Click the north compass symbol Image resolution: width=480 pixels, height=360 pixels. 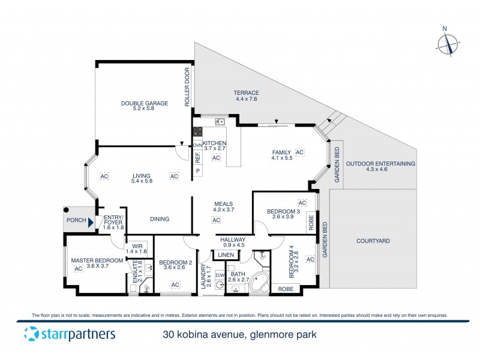[446, 44]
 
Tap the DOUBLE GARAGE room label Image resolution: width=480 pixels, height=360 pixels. [145, 103]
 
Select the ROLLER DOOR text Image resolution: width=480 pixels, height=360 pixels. [187, 88]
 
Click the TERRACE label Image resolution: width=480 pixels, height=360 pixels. [246, 92]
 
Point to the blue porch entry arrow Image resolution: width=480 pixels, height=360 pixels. [91, 223]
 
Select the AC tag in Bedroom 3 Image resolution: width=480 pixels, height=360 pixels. [302, 203]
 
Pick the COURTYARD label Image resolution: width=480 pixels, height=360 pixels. [373, 241]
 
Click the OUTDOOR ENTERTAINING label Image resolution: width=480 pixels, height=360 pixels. [380, 163]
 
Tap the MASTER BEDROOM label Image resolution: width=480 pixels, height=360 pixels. [97, 260]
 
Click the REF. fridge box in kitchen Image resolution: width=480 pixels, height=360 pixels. [197, 157]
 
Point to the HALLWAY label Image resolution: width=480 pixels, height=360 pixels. [233, 239]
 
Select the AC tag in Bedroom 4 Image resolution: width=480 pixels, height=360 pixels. [310, 259]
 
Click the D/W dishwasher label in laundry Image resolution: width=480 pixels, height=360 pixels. [220, 275]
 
